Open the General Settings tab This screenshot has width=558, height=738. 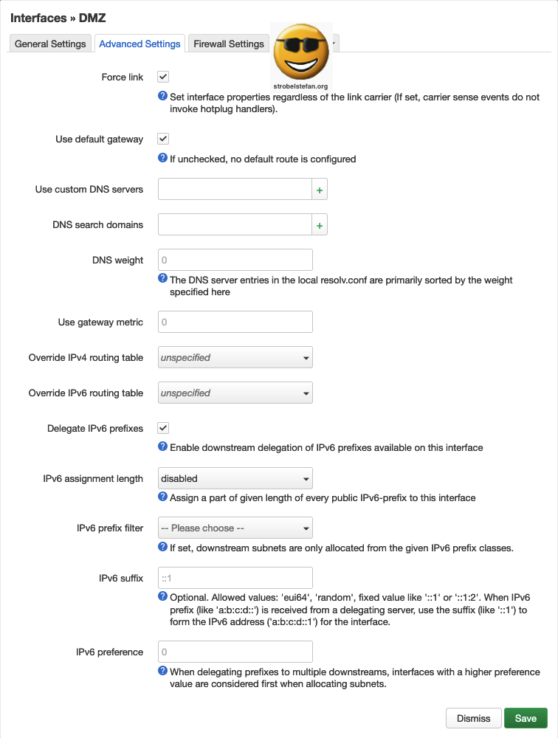(x=51, y=44)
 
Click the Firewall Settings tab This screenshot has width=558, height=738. (x=228, y=44)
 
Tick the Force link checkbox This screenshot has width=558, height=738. (x=163, y=77)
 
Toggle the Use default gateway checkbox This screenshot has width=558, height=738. (x=163, y=139)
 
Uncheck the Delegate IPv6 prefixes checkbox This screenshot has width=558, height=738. (x=163, y=428)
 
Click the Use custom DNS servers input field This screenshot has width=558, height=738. (x=235, y=190)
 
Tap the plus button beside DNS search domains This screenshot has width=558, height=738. (x=320, y=225)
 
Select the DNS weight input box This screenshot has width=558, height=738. (x=235, y=261)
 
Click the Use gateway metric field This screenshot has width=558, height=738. (x=235, y=323)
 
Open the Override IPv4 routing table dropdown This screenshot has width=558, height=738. (x=235, y=358)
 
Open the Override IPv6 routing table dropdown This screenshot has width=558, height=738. (x=235, y=393)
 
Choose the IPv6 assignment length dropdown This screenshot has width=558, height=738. (x=235, y=479)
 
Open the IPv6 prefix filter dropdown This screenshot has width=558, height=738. (x=235, y=528)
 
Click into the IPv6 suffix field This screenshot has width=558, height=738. (x=235, y=578)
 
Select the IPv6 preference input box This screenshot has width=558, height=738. (x=235, y=652)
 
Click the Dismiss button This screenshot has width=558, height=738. (x=473, y=719)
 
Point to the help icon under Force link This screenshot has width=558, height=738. (x=163, y=96)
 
